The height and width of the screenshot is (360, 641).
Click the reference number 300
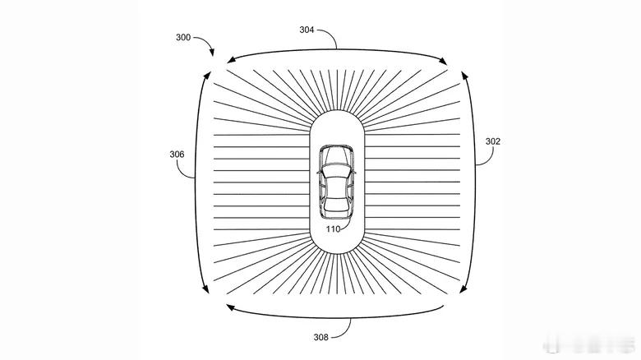183,37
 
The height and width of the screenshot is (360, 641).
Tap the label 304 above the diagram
307,30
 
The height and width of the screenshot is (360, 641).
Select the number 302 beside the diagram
492,141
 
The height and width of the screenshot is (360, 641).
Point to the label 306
177,155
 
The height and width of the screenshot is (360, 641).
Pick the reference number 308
320,337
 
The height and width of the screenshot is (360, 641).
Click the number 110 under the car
333,229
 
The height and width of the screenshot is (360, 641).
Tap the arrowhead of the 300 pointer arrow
211,53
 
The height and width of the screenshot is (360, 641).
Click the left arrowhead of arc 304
231,60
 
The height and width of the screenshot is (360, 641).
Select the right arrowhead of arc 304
443,62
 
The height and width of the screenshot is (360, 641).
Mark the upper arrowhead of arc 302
464,76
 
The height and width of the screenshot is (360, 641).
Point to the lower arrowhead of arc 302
463,288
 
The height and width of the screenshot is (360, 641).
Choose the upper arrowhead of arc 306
207,76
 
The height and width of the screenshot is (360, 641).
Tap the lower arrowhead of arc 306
205,289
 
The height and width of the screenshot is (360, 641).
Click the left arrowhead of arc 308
231,307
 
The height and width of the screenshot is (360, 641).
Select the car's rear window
336,204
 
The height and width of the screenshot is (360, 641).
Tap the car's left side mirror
320,172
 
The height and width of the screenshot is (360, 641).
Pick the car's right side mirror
353,172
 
